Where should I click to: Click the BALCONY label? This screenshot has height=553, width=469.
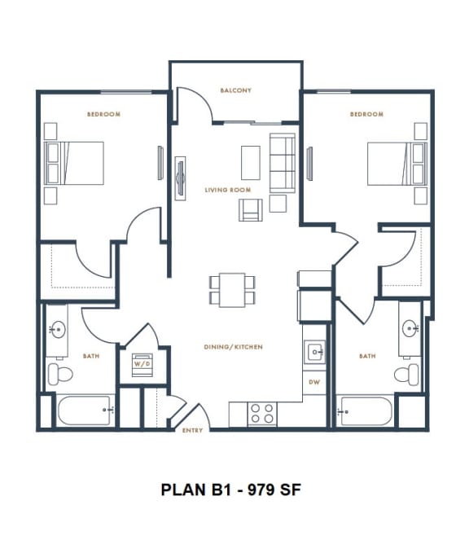tap(235, 90)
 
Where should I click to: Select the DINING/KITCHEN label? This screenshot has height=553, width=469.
tap(233, 347)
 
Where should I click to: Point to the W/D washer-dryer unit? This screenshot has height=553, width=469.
tap(142, 363)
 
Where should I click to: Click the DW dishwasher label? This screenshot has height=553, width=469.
tap(314, 381)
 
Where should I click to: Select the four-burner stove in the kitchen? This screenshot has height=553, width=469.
tap(261, 413)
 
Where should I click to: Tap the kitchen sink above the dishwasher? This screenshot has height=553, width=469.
tap(315, 353)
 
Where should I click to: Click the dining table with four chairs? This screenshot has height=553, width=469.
tap(232, 289)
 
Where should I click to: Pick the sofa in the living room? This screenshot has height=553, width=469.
tap(282, 163)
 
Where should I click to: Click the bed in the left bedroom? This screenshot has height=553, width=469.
tap(75, 163)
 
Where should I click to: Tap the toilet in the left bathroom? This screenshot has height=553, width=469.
tap(59, 374)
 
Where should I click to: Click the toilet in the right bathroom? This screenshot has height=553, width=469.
tap(406, 374)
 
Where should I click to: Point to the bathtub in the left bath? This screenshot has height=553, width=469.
tap(85, 410)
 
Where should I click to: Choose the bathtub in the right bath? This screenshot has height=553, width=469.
tap(366, 410)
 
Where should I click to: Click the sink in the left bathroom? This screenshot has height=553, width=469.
tap(57, 330)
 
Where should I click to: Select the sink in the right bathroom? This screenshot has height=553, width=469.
tap(409, 329)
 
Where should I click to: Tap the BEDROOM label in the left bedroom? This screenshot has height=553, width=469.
tap(103, 114)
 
